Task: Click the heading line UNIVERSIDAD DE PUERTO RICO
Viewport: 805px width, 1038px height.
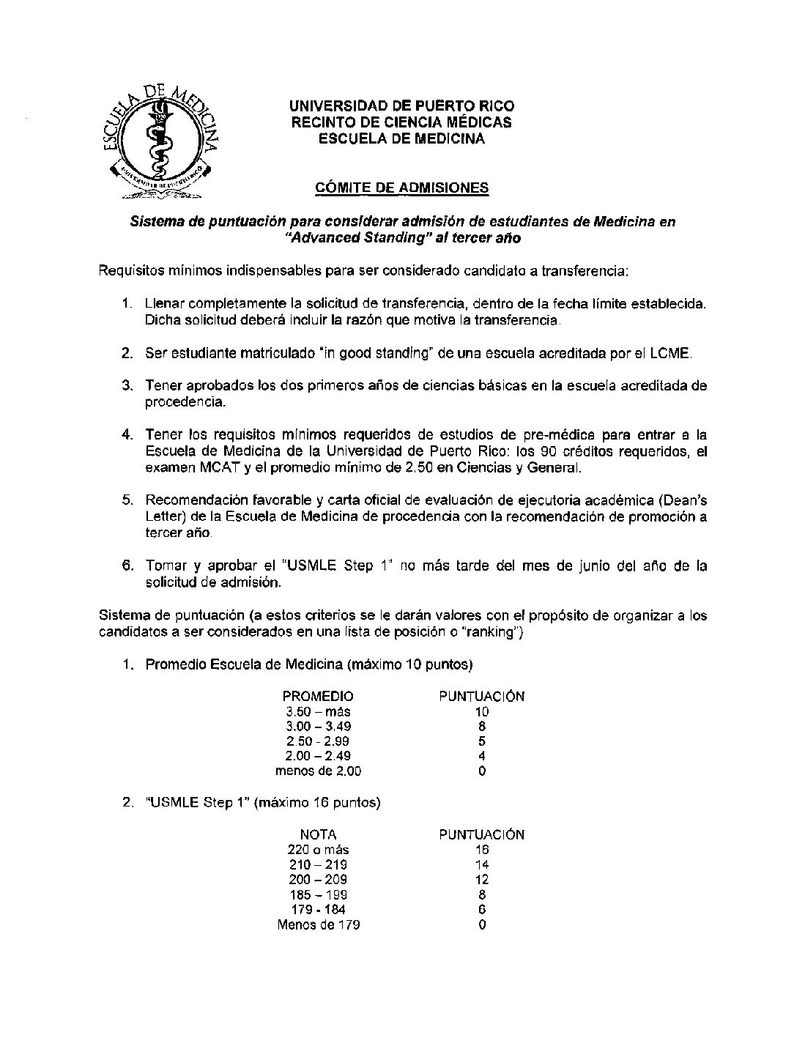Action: pyautogui.click(x=402, y=106)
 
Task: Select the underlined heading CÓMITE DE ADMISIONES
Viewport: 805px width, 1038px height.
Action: pyautogui.click(x=401, y=188)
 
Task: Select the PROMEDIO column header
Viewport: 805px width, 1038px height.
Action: pyautogui.click(x=318, y=696)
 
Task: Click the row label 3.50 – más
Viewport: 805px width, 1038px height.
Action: pyautogui.click(x=318, y=711)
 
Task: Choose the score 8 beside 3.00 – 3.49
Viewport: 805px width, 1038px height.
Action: pyautogui.click(x=481, y=726)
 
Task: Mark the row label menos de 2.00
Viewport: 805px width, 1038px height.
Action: pyautogui.click(x=318, y=771)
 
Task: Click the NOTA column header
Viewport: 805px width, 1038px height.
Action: pyautogui.click(x=319, y=834)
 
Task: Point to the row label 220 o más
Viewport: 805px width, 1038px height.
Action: pyautogui.click(x=319, y=850)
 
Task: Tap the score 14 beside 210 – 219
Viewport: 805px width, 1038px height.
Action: pyautogui.click(x=481, y=864)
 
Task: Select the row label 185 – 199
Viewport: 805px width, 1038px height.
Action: pyautogui.click(x=319, y=894)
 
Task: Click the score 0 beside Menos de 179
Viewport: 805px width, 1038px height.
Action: pyautogui.click(x=481, y=924)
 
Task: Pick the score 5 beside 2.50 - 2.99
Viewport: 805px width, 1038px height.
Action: pyautogui.click(x=481, y=741)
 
